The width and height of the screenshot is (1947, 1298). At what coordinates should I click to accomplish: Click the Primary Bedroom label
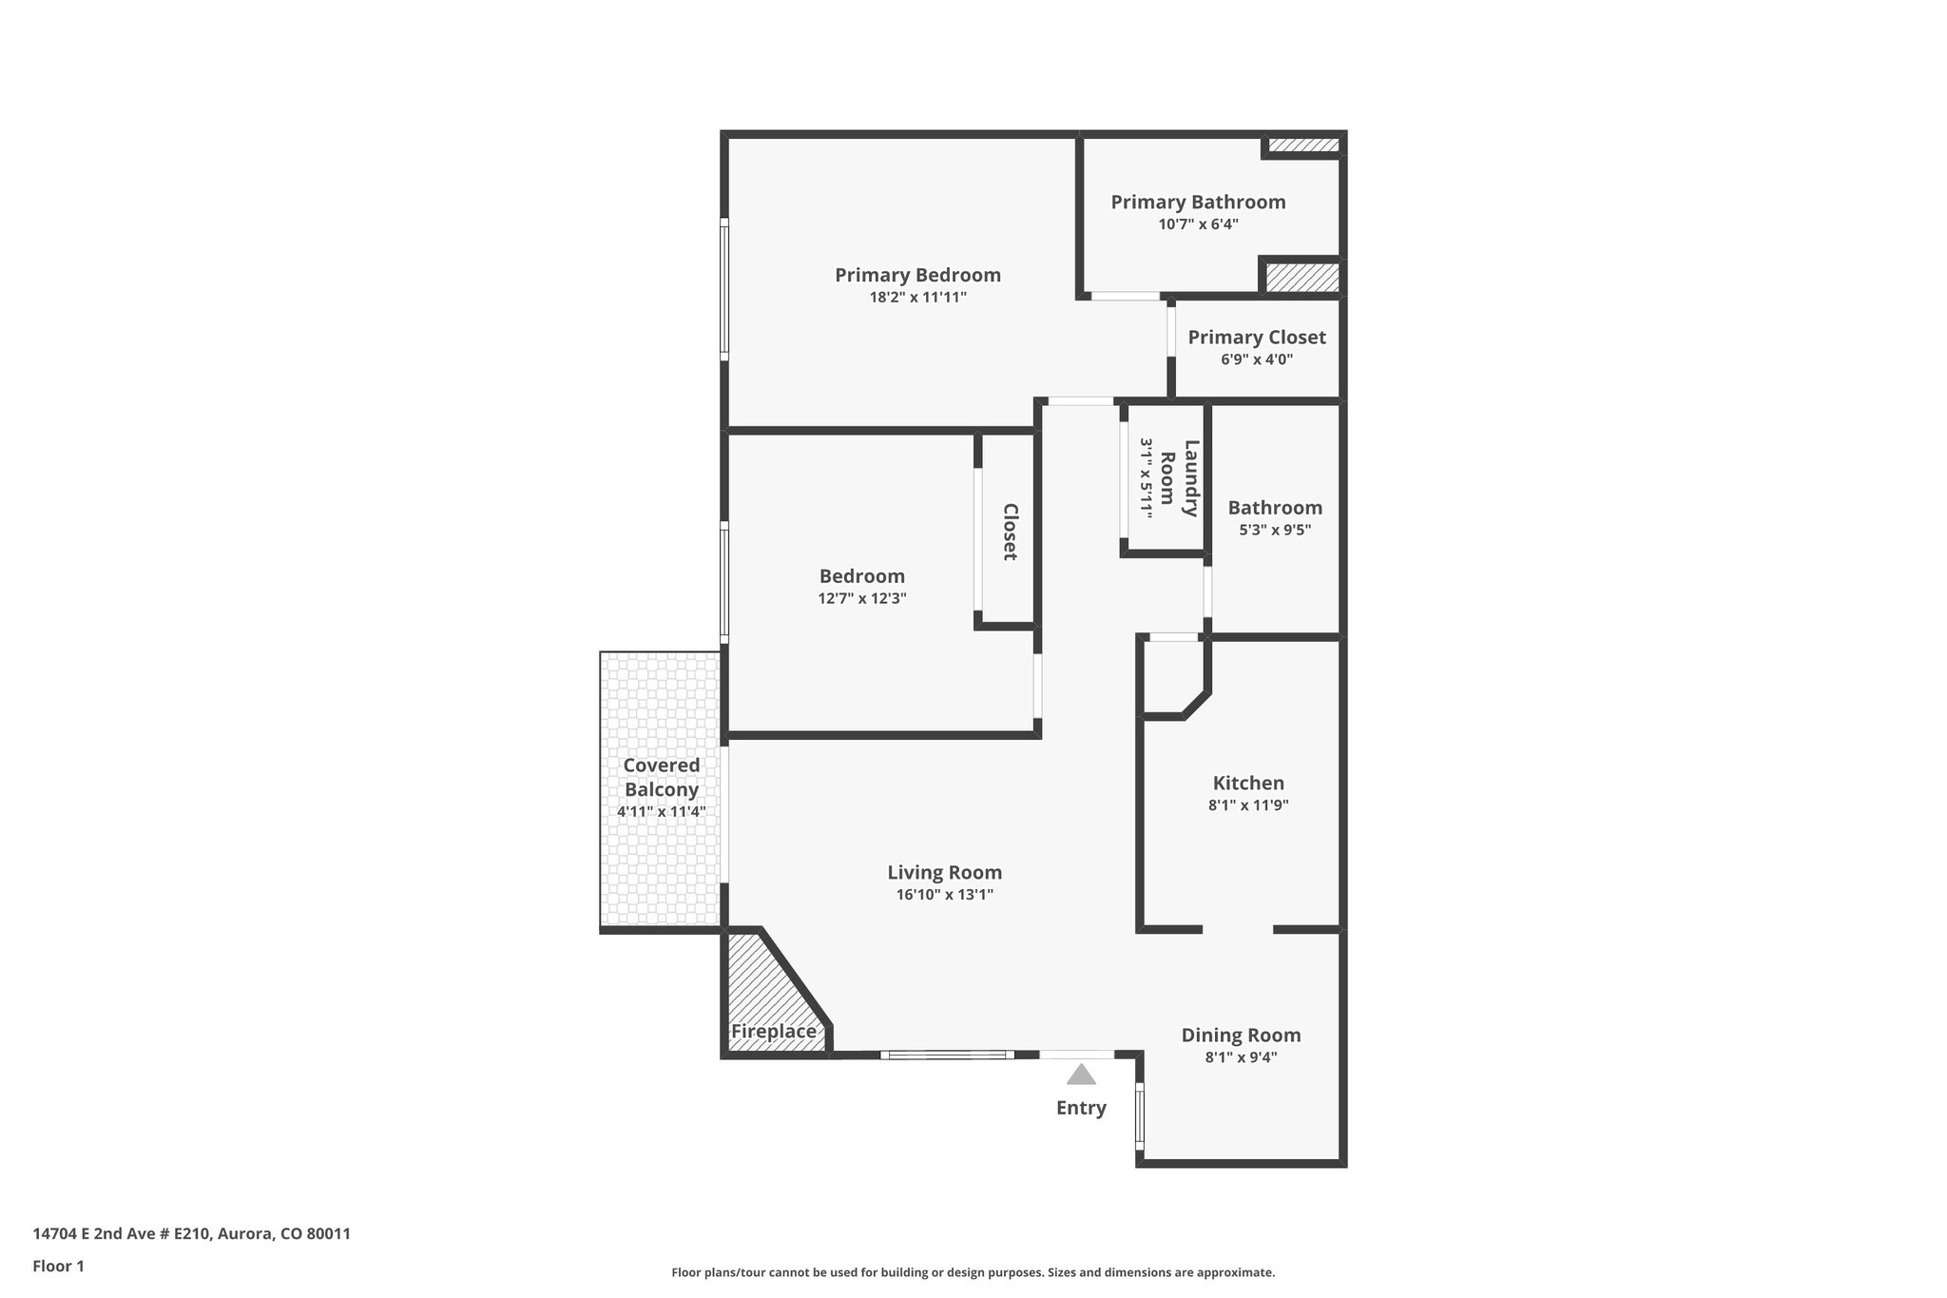click(x=917, y=276)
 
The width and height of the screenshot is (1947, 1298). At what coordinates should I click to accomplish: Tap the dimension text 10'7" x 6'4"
click(x=1198, y=224)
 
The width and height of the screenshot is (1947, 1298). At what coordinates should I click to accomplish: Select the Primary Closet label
click(x=1256, y=338)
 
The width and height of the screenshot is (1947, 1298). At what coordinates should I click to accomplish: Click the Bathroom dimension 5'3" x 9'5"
click(x=1274, y=530)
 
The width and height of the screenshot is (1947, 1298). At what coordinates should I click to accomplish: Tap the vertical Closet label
click(x=1010, y=532)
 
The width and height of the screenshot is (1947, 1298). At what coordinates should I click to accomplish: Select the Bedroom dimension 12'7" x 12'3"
click(x=861, y=598)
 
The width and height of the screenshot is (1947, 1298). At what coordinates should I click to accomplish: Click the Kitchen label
click(x=1247, y=783)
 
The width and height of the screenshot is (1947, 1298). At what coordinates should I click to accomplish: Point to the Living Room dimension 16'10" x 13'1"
click(x=944, y=895)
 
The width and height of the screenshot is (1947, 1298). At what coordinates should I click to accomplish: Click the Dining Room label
click(x=1241, y=1036)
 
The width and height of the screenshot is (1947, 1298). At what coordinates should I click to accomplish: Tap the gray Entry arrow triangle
click(x=1081, y=1075)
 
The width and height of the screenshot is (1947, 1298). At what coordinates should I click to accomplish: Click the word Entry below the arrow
click(x=1081, y=1108)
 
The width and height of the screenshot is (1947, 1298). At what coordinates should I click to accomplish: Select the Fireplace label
click(x=773, y=1032)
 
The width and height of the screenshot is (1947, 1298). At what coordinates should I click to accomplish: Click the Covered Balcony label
click(x=661, y=778)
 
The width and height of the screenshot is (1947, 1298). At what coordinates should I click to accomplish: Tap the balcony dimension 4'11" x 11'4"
click(x=661, y=812)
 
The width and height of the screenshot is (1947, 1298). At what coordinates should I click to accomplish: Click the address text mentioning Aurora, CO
click(x=191, y=1234)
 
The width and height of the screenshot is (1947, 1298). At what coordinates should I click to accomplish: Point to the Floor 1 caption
click(x=58, y=1266)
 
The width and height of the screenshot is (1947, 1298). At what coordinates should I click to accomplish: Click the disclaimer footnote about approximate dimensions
click(x=973, y=1272)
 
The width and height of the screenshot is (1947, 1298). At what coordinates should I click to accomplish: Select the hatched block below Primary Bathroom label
click(x=1301, y=277)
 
